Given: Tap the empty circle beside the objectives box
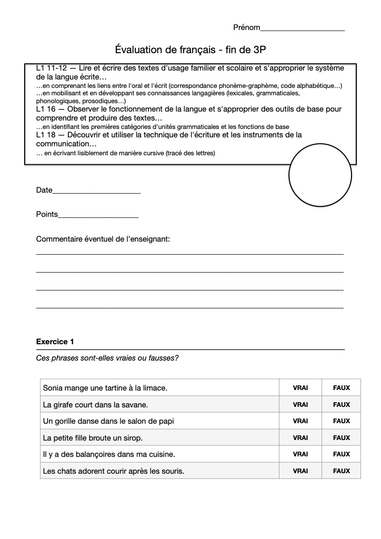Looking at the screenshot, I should pos(319,175).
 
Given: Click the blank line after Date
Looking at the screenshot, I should pos(96,192).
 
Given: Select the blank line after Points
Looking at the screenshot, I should pos(98,216).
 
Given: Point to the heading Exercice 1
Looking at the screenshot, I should pos(55,342).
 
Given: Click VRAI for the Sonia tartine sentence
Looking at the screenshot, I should pos(300,388).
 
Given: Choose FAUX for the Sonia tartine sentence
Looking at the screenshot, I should pos(342,388).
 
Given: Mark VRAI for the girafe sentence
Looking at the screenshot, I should pos(300,405).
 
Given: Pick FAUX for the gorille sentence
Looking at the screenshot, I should pos(342,421).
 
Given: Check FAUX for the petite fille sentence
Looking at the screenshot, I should pos(342,438).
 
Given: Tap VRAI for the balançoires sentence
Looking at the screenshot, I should pos(300,454).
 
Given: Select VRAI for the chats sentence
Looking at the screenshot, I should pos(300,471).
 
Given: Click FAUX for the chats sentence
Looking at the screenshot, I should pos(342,471).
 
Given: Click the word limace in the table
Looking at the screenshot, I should pos(154,388).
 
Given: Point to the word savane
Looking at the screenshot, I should pos(135,405).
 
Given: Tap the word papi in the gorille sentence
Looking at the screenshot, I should pos(165,421).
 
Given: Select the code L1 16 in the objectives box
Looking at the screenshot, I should pos(49,109).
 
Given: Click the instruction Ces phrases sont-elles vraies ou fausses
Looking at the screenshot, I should pos(107,358).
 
